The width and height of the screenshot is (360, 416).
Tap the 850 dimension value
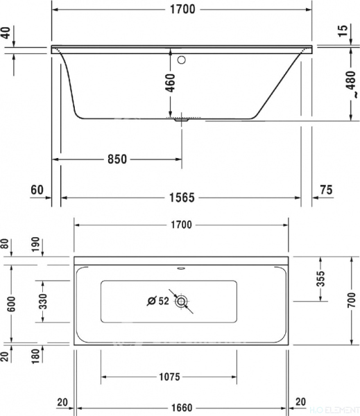tap(117, 159)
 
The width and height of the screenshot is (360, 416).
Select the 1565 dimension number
tap(180, 197)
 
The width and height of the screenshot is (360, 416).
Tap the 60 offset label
tap(37, 191)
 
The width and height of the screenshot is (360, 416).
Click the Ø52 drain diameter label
tap(158, 301)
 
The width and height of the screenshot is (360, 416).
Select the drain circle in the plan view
tap(182, 301)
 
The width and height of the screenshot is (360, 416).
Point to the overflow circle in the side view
tap(182, 60)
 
